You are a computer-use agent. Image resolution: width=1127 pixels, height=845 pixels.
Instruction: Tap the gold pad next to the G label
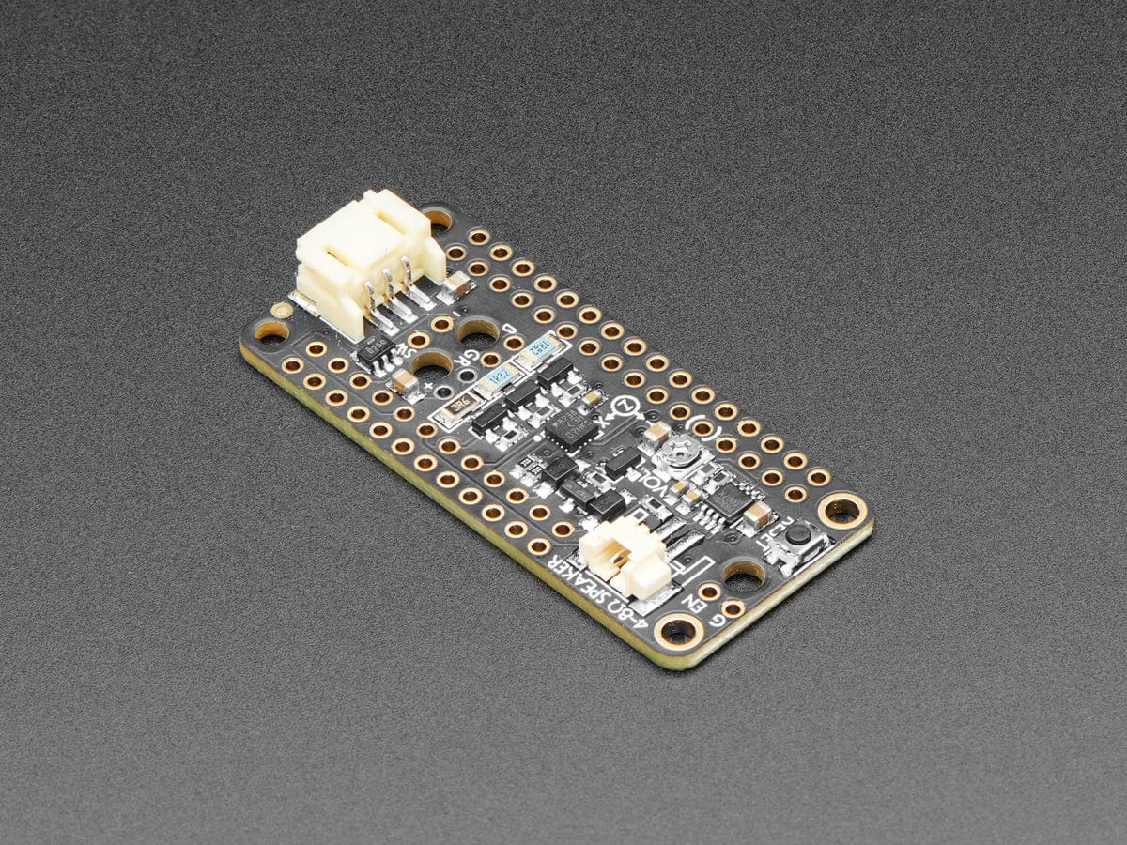pos(733,608)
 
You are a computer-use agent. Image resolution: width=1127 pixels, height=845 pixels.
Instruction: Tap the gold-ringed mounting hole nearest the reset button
pos(841,510)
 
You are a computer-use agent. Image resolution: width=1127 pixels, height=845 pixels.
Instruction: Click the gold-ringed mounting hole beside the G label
pos(677,630)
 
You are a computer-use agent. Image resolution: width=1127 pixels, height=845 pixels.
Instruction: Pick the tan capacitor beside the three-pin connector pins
pos(456,283)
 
